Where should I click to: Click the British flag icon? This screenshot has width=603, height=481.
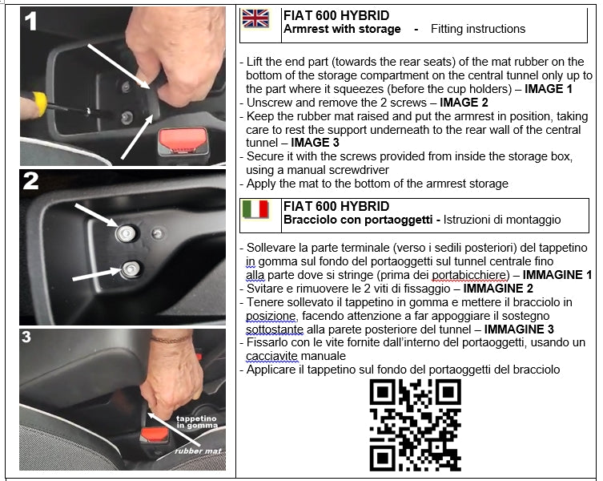tap(255, 18)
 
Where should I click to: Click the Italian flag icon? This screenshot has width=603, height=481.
tap(255, 209)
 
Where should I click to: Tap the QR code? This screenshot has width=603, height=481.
tap(416, 425)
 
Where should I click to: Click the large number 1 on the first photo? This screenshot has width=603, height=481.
tap(31, 21)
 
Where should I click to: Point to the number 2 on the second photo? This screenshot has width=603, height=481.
tap(30, 180)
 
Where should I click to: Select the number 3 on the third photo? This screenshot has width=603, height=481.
tap(26, 337)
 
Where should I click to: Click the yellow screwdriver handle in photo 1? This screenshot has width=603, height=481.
tap(38, 104)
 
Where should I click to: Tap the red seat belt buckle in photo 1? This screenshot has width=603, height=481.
tap(183, 139)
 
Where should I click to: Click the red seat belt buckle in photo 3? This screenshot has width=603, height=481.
tap(155, 435)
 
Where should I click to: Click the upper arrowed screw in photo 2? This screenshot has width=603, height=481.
tap(127, 233)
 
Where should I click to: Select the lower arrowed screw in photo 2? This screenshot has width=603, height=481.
tap(131, 269)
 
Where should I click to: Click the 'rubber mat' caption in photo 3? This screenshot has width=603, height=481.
tap(199, 451)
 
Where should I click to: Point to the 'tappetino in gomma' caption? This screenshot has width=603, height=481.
tap(197, 422)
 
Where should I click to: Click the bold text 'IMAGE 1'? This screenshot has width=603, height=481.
tap(549, 89)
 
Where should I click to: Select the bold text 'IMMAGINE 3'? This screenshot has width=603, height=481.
tap(519, 329)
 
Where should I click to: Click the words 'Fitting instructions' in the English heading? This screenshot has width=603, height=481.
tap(478, 29)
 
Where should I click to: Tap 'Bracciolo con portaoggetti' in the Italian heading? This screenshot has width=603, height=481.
tap(358, 220)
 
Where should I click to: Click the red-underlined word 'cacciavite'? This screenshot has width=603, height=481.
tap(272, 356)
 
